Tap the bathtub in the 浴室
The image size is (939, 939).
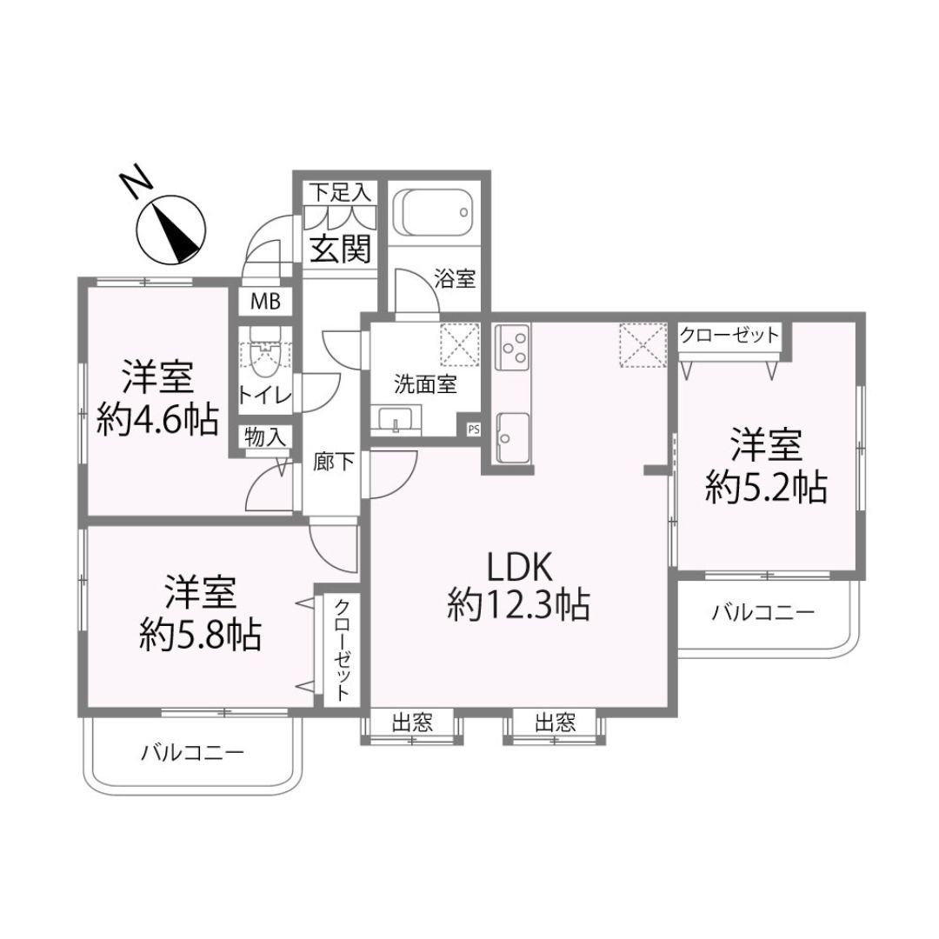(x=433, y=213)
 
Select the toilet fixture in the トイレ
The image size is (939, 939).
(x=264, y=352)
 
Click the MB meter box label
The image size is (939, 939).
(x=265, y=301)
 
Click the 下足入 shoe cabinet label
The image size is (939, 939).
(x=340, y=192)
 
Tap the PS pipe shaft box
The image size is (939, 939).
(x=474, y=429)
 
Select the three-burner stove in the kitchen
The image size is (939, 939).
(x=513, y=345)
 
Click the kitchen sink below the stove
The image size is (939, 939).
(x=513, y=437)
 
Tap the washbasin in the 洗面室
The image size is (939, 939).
(x=396, y=420)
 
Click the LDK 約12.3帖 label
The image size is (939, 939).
(x=519, y=586)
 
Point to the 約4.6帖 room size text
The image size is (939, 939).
(x=157, y=421)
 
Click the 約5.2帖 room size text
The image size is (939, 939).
(x=767, y=487)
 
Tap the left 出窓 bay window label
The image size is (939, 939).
(x=412, y=723)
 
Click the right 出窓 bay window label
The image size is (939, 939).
(x=555, y=723)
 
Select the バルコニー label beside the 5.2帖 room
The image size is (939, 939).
(x=763, y=613)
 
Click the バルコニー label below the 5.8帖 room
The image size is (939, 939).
(x=193, y=752)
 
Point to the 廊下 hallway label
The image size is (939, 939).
(x=334, y=461)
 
